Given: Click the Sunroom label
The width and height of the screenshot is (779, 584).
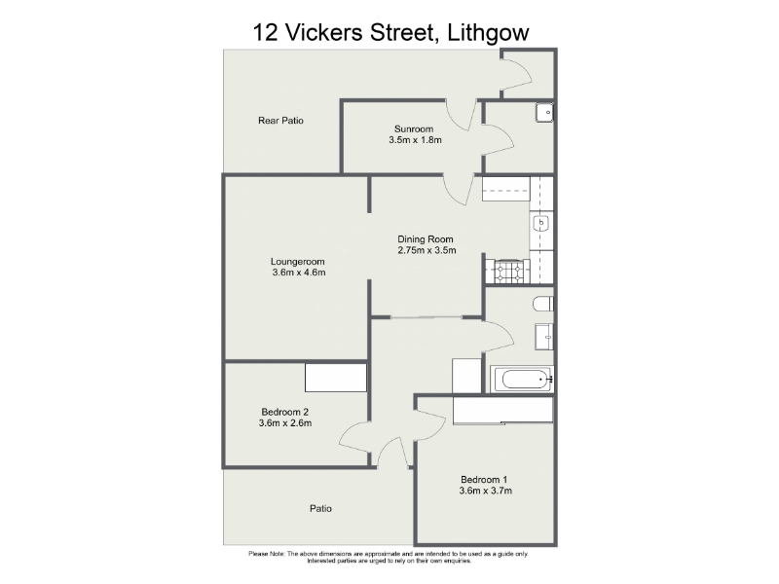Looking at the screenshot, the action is [414, 129].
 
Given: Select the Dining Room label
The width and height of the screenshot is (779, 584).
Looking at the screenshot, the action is [426, 239].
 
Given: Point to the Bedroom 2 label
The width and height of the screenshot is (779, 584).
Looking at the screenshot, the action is [285, 412].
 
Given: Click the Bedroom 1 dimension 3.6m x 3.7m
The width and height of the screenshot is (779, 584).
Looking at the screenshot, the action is [485, 491].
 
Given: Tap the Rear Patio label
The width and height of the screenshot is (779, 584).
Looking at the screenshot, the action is [280, 120].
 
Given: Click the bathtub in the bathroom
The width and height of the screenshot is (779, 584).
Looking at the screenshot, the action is [522, 380].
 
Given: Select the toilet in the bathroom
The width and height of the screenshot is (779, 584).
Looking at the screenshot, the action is [543, 304].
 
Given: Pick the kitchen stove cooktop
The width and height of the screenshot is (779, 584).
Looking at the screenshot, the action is [507, 272].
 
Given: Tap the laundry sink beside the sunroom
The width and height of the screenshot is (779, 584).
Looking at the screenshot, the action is [544, 113].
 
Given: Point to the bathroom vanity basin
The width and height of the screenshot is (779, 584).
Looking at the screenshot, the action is [544, 337].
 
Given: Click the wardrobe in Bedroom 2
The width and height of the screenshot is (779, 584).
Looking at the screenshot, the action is [336, 378].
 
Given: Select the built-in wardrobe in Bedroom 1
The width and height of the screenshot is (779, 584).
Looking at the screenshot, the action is [502, 410].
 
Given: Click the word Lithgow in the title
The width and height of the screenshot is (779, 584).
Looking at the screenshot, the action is [488, 33].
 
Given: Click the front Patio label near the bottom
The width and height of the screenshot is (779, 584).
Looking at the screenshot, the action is [320, 508].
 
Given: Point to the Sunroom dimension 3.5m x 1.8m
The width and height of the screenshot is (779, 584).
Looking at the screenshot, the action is [416, 140].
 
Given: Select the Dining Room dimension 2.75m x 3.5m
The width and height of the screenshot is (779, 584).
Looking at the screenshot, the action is [427, 250].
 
